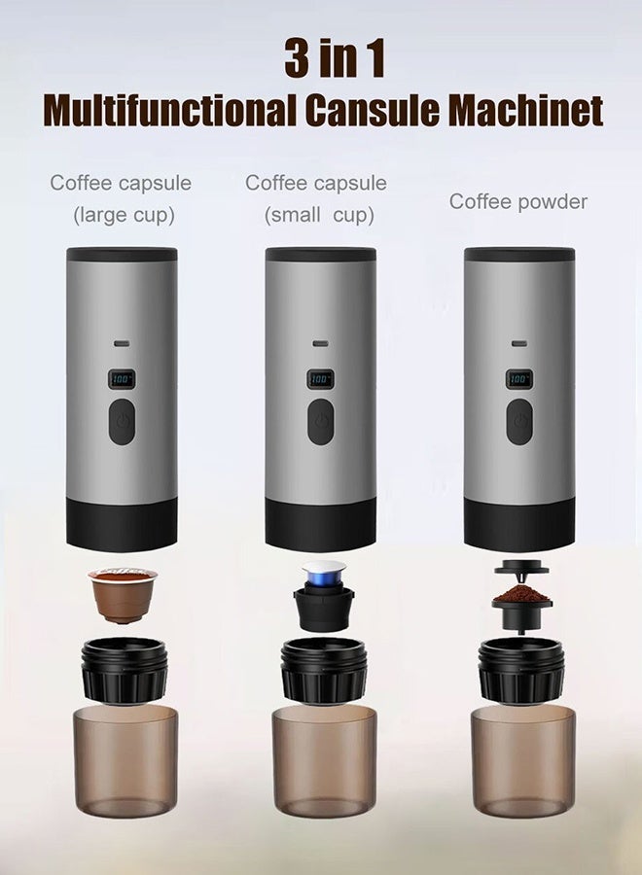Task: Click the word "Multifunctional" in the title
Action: [x=171, y=111]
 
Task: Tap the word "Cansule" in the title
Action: [x=372, y=111]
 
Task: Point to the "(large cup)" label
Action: [x=124, y=215]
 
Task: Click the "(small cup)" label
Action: [x=319, y=215]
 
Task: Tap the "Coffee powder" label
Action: [x=518, y=202]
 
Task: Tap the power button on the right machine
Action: [x=519, y=423]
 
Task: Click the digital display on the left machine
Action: [x=122, y=379]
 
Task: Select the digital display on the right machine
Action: [x=519, y=379]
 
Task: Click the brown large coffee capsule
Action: [x=122, y=593]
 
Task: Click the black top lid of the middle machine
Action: [x=320, y=255]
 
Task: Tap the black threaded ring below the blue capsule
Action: [x=324, y=669]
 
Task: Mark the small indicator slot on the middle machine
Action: [x=320, y=343]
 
